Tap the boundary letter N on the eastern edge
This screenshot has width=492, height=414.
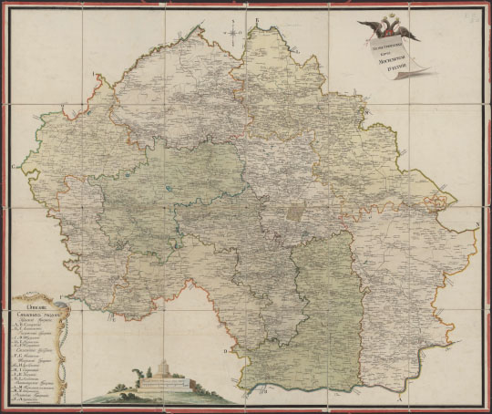point(476,223)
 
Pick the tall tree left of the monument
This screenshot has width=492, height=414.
point(136,374)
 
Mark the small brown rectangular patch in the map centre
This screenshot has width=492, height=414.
point(296,212)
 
